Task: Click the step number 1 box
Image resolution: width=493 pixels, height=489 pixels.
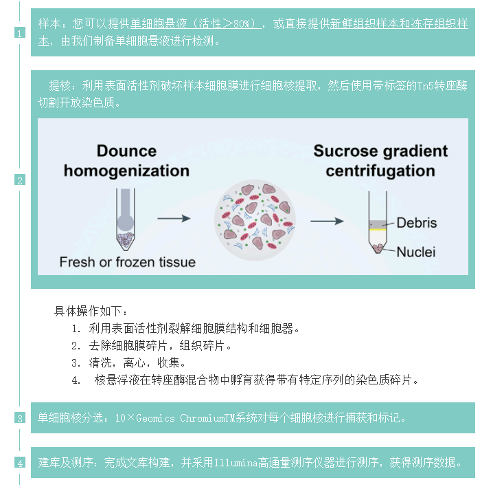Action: [x=20, y=33]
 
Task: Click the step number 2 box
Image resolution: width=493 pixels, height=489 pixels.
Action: [x=20, y=180]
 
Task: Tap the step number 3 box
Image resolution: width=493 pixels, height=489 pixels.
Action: [x=20, y=417]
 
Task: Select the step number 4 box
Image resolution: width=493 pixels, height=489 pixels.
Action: [x=20, y=462]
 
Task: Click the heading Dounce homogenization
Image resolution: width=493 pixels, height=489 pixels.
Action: [x=126, y=160]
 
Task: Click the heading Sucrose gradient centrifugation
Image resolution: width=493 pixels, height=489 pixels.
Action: [x=380, y=160]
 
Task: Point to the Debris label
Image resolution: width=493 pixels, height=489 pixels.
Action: [x=416, y=223]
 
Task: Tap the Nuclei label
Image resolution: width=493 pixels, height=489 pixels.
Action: [x=415, y=252]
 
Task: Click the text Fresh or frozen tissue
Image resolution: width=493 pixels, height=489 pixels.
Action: [x=127, y=262]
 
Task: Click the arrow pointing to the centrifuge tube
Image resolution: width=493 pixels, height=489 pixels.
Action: [x=326, y=221]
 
